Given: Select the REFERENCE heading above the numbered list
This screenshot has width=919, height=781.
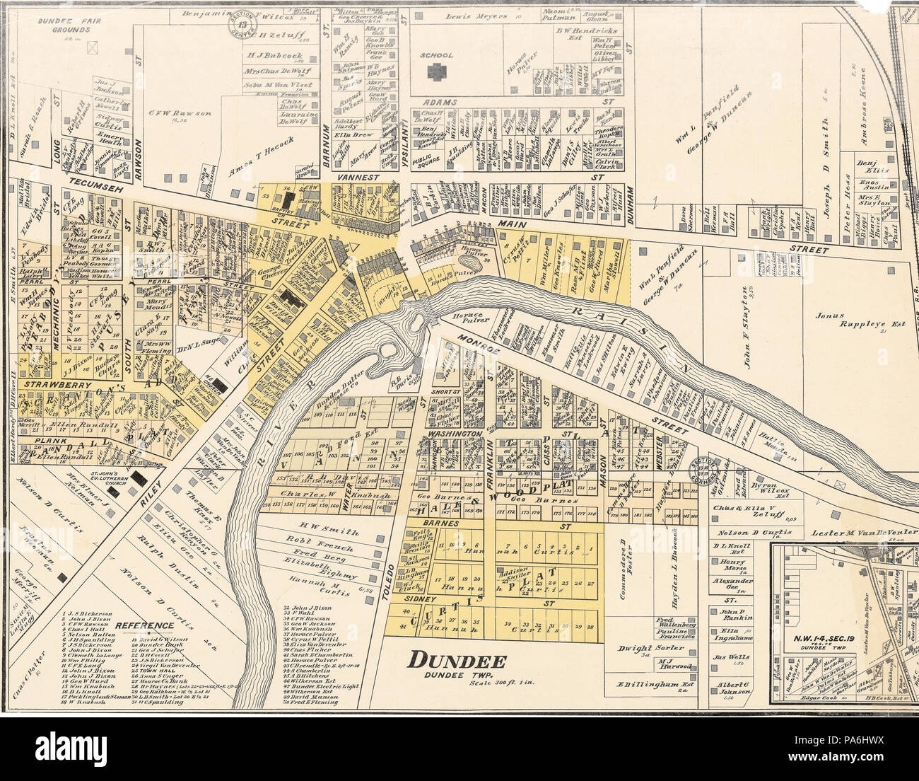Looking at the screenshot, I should click(x=144, y=625).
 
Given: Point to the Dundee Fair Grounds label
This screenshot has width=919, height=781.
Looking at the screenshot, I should click(x=69, y=25).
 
